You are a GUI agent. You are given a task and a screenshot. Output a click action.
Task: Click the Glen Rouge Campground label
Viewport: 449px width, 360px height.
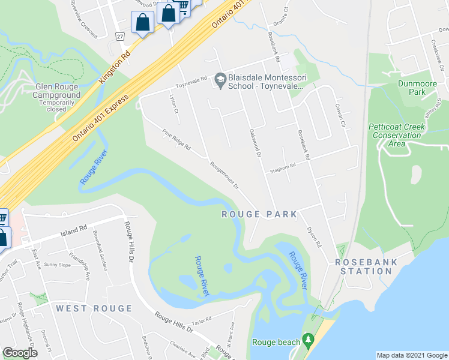click(56, 95)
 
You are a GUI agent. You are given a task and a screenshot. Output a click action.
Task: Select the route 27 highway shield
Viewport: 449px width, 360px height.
click(120, 37)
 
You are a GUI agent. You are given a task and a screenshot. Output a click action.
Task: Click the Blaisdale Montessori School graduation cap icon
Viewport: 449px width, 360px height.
click(220, 79)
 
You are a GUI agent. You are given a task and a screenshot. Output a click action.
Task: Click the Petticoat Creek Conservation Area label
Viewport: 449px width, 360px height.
click(395, 135)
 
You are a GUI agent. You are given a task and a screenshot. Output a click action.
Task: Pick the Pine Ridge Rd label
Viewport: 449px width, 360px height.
click(176, 140)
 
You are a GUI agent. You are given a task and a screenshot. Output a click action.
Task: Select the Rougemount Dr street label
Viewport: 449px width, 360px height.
click(224, 174)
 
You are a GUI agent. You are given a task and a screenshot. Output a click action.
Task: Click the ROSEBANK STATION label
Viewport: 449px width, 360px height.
click(364, 266)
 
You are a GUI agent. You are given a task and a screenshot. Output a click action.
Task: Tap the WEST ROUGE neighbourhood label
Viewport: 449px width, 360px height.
click(94, 308)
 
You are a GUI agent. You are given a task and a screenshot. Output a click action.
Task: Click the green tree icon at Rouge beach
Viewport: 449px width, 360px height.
click(309, 341)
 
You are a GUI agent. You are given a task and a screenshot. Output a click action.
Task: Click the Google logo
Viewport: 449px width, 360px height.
click(20, 353)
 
